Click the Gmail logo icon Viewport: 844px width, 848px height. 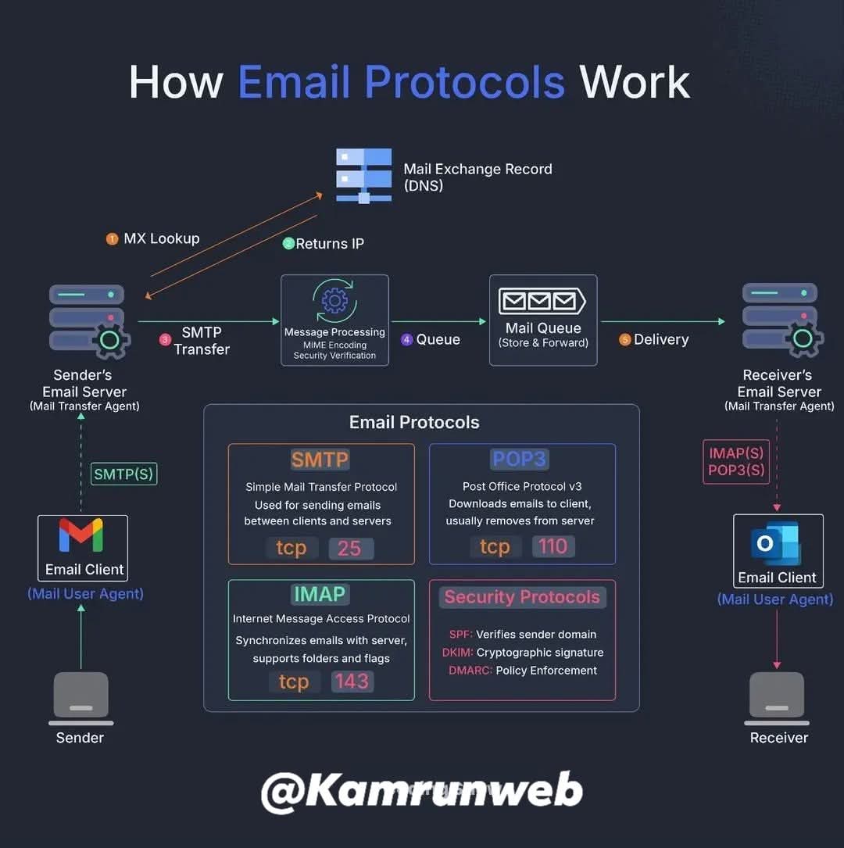point(81,536)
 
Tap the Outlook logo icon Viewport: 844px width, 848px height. point(776,542)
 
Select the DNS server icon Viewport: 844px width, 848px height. point(363,175)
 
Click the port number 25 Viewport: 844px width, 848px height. point(349,548)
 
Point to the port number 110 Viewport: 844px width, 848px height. point(553,546)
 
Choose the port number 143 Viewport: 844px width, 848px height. point(351,682)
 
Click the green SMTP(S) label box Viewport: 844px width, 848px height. point(124,474)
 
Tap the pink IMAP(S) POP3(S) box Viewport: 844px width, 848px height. point(736,462)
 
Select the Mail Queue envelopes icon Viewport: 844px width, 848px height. point(542,302)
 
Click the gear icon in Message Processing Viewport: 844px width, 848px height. point(334,300)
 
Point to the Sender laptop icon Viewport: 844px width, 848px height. point(80,698)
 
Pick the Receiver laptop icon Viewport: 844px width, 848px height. point(776,698)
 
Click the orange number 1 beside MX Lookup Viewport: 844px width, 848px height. point(112,239)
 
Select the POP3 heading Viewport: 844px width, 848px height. point(521,459)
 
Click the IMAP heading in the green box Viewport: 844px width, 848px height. point(319,594)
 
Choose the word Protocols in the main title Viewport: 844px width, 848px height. point(465,82)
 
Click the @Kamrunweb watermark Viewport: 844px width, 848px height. point(421,790)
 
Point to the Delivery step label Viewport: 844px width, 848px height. point(661,339)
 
